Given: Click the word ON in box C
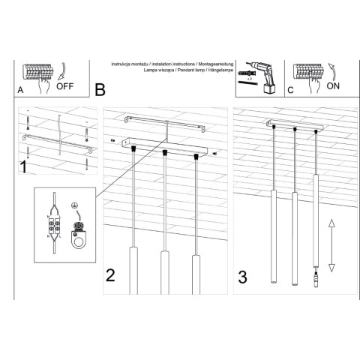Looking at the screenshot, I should (x=332, y=85).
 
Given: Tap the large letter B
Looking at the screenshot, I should (x=100, y=90).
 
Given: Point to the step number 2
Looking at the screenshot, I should (x=110, y=275).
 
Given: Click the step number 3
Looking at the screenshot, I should (x=242, y=276).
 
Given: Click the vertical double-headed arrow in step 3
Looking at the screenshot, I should (x=331, y=244).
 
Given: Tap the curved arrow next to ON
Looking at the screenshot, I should (x=331, y=70).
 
